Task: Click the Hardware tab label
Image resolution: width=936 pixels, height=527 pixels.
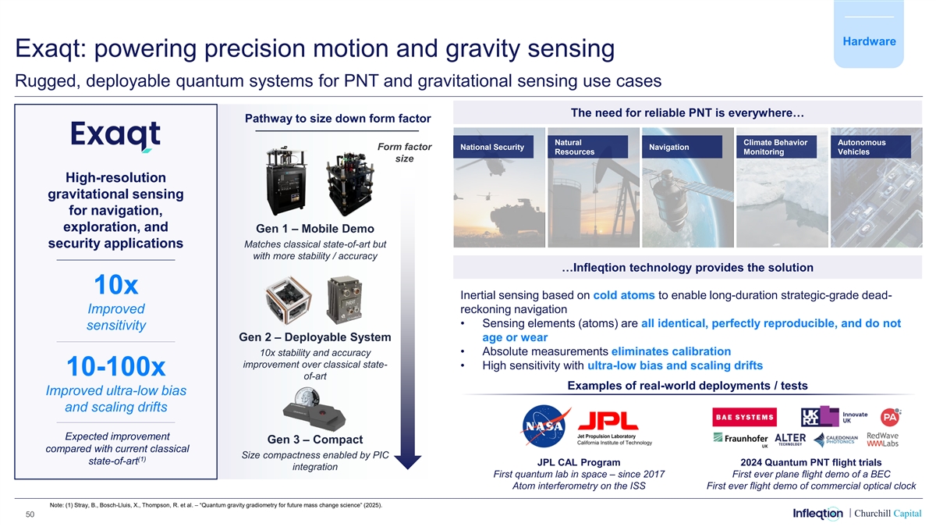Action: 869,41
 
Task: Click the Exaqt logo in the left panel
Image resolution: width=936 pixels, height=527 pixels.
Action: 115,137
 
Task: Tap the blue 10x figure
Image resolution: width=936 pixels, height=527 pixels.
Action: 115,285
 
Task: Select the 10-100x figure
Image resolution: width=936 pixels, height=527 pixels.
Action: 115,366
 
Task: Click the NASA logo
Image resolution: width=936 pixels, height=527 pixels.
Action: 545,426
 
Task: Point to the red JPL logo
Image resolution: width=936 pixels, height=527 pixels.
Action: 608,421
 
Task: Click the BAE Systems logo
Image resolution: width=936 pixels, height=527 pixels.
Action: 744,417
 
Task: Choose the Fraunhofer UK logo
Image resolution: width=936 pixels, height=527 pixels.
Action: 740,439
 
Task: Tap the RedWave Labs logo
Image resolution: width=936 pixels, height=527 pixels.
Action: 882,440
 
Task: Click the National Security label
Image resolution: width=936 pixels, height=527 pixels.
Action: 493,147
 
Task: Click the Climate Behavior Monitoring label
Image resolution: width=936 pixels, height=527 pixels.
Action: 776,147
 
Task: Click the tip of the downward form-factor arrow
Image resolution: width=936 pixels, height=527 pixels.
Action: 407,469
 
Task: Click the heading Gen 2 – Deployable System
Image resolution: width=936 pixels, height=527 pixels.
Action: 315,337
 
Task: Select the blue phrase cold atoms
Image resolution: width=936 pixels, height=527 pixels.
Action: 624,295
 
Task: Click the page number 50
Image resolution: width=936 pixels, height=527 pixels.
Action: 30,514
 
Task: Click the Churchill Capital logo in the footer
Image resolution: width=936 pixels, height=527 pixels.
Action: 888,513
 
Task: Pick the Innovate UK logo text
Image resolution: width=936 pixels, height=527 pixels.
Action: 855,418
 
